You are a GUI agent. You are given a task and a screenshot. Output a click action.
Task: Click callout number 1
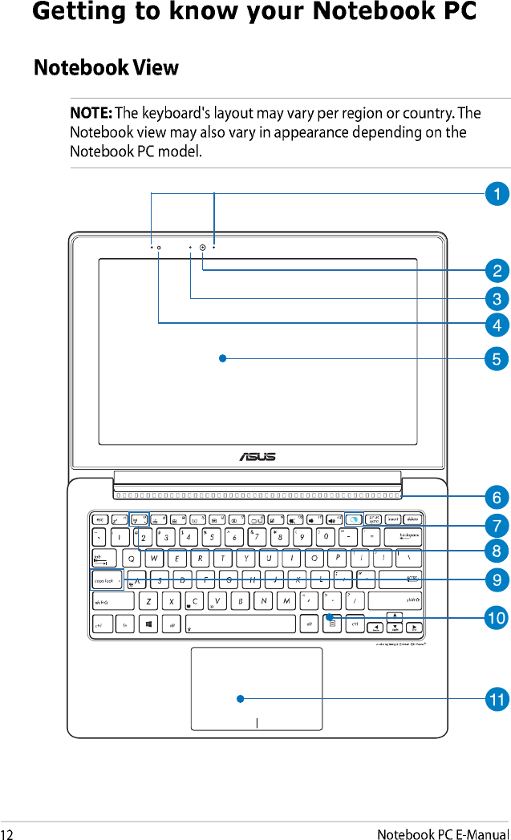[x=497, y=193]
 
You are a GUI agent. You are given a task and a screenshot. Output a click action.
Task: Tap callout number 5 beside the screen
[x=497, y=358]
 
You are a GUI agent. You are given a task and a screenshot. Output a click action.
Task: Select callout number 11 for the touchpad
[x=497, y=700]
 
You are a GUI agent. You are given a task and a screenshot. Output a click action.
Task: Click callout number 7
[x=497, y=526]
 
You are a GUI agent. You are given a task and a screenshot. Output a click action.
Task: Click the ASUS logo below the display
[x=257, y=456]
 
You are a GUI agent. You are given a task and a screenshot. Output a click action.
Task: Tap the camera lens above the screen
[x=203, y=248]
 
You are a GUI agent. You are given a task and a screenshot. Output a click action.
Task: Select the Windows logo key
[x=149, y=623]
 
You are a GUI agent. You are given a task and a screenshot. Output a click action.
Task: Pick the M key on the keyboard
[x=286, y=600]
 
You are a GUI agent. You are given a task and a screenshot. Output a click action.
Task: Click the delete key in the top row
[x=412, y=519]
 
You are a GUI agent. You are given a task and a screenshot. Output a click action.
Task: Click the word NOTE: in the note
[x=91, y=113]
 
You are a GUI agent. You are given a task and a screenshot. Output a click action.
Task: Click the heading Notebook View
[x=106, y=67]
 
